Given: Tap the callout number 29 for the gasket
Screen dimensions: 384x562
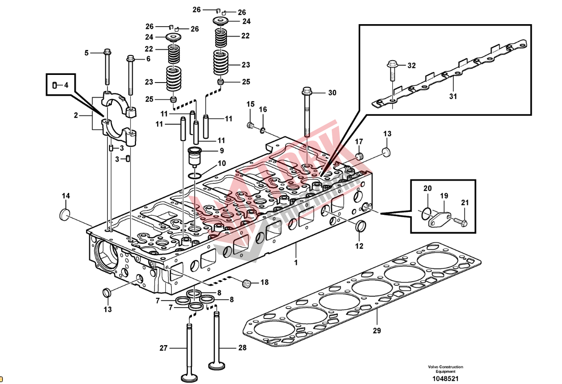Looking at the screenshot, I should [x=377, y=330].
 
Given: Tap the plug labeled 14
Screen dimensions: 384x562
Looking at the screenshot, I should [x=65, y=214].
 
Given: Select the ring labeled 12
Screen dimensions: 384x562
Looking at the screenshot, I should [x=361, y=226].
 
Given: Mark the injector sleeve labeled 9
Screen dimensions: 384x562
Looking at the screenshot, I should [x=196, y=156].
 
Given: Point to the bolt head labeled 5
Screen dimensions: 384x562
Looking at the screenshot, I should [x=106, y=53].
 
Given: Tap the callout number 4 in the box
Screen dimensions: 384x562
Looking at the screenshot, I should [x=66, y=85].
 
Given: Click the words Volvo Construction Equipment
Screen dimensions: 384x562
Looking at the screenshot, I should [x=445, y=369].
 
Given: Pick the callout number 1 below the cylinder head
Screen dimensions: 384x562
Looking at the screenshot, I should [x=296, y=262].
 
